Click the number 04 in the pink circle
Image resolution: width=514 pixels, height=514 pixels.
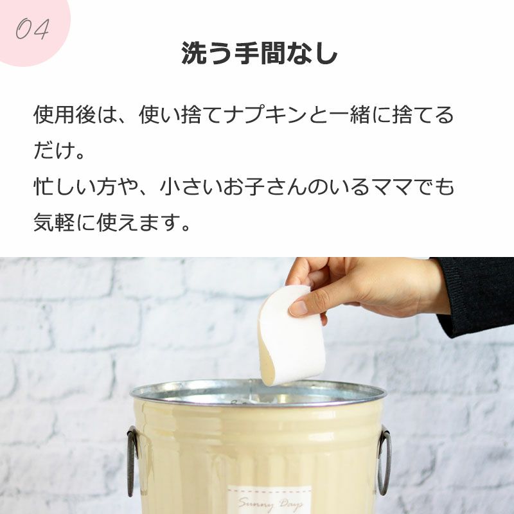coord(33,29)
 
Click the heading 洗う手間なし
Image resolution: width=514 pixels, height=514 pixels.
coord(260,53)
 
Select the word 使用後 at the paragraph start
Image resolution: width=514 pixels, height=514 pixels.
coord(65,115)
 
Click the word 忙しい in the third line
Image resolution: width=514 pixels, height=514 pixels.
coord(65,186)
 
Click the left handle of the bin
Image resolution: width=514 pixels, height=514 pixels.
coord(132,461)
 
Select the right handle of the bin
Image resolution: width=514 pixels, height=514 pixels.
coord(384,459)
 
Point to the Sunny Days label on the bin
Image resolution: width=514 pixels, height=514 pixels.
coord(269,501)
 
